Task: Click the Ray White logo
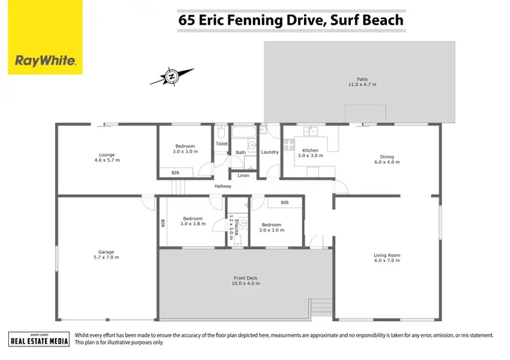[x=46, y=37]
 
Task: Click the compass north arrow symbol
[x=172, y=77]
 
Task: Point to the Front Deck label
[x=246, y=278]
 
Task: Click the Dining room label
[x=386, y=157]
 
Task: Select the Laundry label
[x=270, y=152]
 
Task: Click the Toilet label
[x=222, y=144]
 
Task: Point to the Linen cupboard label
[x=243, y=176]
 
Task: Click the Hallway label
[x=223, y=186]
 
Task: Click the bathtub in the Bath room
[x=243, y=131]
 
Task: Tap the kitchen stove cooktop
[x=288, y=144]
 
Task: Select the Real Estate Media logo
[x=39, y=339]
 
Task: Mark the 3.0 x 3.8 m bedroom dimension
[x=192, y=224]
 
